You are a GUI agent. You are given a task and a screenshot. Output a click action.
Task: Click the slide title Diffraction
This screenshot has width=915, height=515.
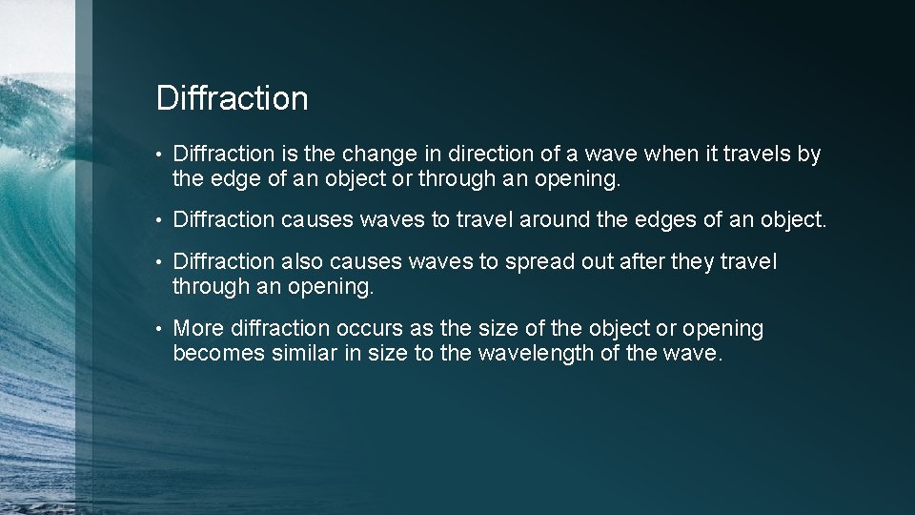tap(232, 98)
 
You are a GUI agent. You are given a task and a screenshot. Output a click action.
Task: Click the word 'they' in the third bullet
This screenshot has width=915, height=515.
tap(697, 262)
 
